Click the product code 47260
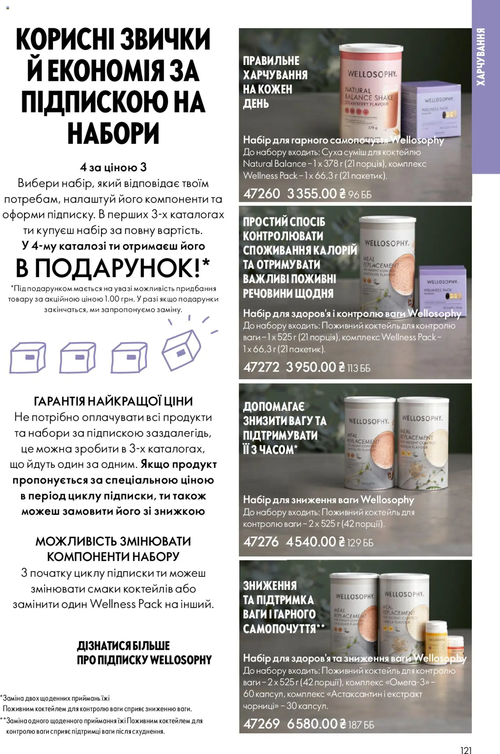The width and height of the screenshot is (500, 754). [x=262, y=193]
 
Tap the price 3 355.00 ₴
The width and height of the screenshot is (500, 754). [x=316, y=193]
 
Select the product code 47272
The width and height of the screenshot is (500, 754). [x=261, y=367]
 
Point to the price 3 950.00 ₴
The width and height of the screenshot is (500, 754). [x=315, y=367]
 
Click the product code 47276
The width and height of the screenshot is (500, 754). [x=261, y=541]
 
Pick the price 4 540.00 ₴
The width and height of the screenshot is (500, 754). [x=315, y=541]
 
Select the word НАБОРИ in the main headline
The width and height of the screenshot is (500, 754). [x=113, y=133]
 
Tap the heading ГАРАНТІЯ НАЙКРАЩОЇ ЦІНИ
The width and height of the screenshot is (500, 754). [x=113, y=401]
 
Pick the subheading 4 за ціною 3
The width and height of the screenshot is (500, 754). [x=113, y=167]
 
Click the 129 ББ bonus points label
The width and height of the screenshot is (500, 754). [x=360, y=543]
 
